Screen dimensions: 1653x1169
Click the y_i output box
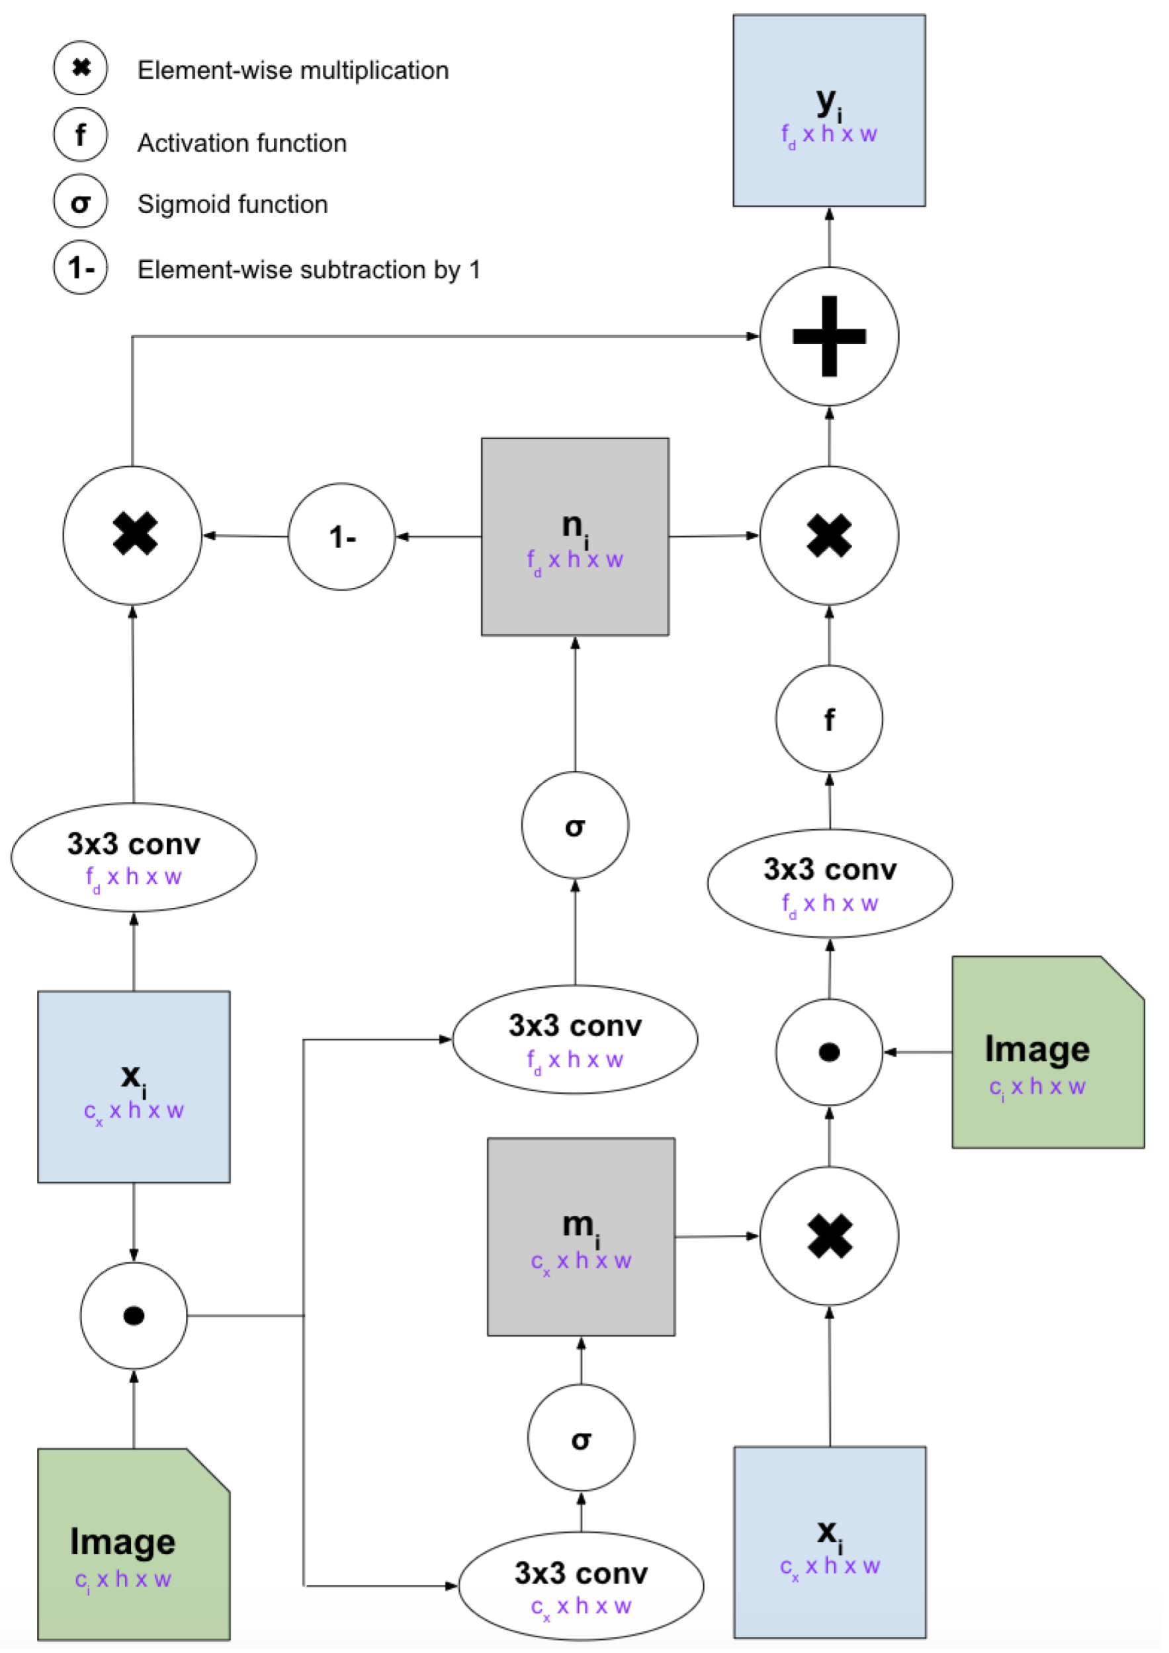pos(829,110)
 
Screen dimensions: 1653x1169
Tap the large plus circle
pos(829,336)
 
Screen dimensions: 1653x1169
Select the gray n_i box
pos(575,536)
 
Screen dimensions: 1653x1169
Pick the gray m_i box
pos(581,1236)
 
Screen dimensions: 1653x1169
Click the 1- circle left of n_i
pos(341,536)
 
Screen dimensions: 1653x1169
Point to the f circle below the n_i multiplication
pos(829,719)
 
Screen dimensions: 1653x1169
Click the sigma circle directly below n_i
pos(575,825)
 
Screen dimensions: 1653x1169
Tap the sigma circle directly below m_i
pos(581,1437)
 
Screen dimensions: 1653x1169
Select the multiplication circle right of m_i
pos(829,1236)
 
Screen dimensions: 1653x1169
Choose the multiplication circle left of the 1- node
pos(132,535)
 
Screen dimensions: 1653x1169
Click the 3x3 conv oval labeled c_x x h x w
pos(581,1586)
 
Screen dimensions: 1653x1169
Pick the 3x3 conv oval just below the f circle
pos(830,883)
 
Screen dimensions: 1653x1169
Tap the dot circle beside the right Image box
pos(829,1052)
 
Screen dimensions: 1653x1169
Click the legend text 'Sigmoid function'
pos(233,204)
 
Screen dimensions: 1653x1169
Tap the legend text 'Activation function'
pos(242,143)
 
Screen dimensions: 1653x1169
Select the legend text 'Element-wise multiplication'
pos(293,71)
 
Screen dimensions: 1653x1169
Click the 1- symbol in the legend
pos(81,267)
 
